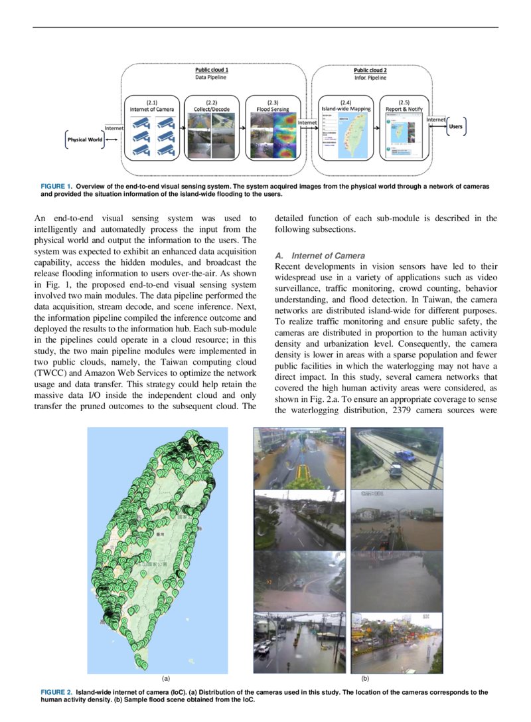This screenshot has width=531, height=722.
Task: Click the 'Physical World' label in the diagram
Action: click(x=85, y=139)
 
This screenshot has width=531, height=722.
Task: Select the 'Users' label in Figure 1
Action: click(x=456, y=126)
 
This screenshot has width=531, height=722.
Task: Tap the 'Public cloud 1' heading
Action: click(x=212, y=70)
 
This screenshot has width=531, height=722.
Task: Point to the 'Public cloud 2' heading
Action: click(x=370, y=70)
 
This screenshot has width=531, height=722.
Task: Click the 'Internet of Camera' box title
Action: click(x=151, y=108)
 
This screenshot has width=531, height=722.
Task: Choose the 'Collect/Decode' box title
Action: click(x=212, y=108)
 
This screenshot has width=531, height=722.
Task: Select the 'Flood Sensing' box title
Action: click(x=272, y=108)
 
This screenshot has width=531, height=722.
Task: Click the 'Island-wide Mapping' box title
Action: click(x=345, y=108)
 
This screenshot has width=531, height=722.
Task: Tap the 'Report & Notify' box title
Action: click(x=404, y=108)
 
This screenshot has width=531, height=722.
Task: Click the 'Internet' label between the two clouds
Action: click(x=307, y=122)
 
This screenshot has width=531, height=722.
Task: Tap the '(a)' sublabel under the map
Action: click(x=166, y=679)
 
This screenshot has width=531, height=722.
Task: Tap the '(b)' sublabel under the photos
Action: click(x=365, y=679)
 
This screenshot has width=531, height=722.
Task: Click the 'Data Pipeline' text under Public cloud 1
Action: click(x=210, y=78)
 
